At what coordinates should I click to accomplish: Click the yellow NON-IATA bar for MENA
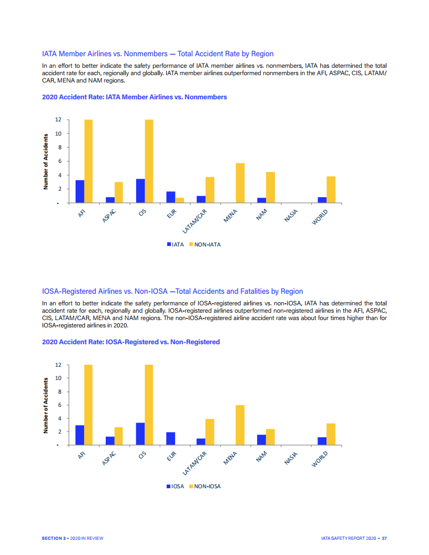coord(240,183)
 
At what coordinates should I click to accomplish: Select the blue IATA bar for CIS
coord(140,191)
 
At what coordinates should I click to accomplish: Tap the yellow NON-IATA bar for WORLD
coord(331,189)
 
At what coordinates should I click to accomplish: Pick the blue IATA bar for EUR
coord(171,197)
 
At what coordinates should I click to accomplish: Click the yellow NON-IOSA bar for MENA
coord(240,425)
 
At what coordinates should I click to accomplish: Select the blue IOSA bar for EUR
coord(171,438)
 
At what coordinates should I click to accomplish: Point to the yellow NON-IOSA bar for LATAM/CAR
coord(210,431)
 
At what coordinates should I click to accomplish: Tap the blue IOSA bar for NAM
coord(261,439)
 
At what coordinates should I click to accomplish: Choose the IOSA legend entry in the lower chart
coord(176,486)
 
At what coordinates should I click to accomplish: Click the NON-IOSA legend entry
coord(205,486)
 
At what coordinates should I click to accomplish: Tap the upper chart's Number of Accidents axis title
coord(46,161)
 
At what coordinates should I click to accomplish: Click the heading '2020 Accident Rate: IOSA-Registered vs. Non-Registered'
coord(130,342)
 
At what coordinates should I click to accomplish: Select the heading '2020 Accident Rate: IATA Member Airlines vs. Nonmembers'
coord(134,97)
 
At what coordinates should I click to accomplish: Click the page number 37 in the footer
coord(384,538)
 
